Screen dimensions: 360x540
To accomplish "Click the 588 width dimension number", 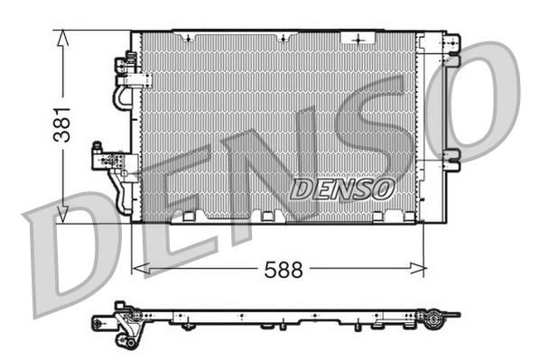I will pos(281,269).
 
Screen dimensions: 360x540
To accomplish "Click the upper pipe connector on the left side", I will pos(124,69).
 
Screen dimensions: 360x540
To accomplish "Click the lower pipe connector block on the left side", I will pos(106,160).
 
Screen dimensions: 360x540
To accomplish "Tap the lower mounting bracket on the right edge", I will pos(451,159).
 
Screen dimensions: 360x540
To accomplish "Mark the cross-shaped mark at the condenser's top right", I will pos(361,39).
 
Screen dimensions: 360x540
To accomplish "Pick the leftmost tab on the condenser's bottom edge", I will pos(189,217).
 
